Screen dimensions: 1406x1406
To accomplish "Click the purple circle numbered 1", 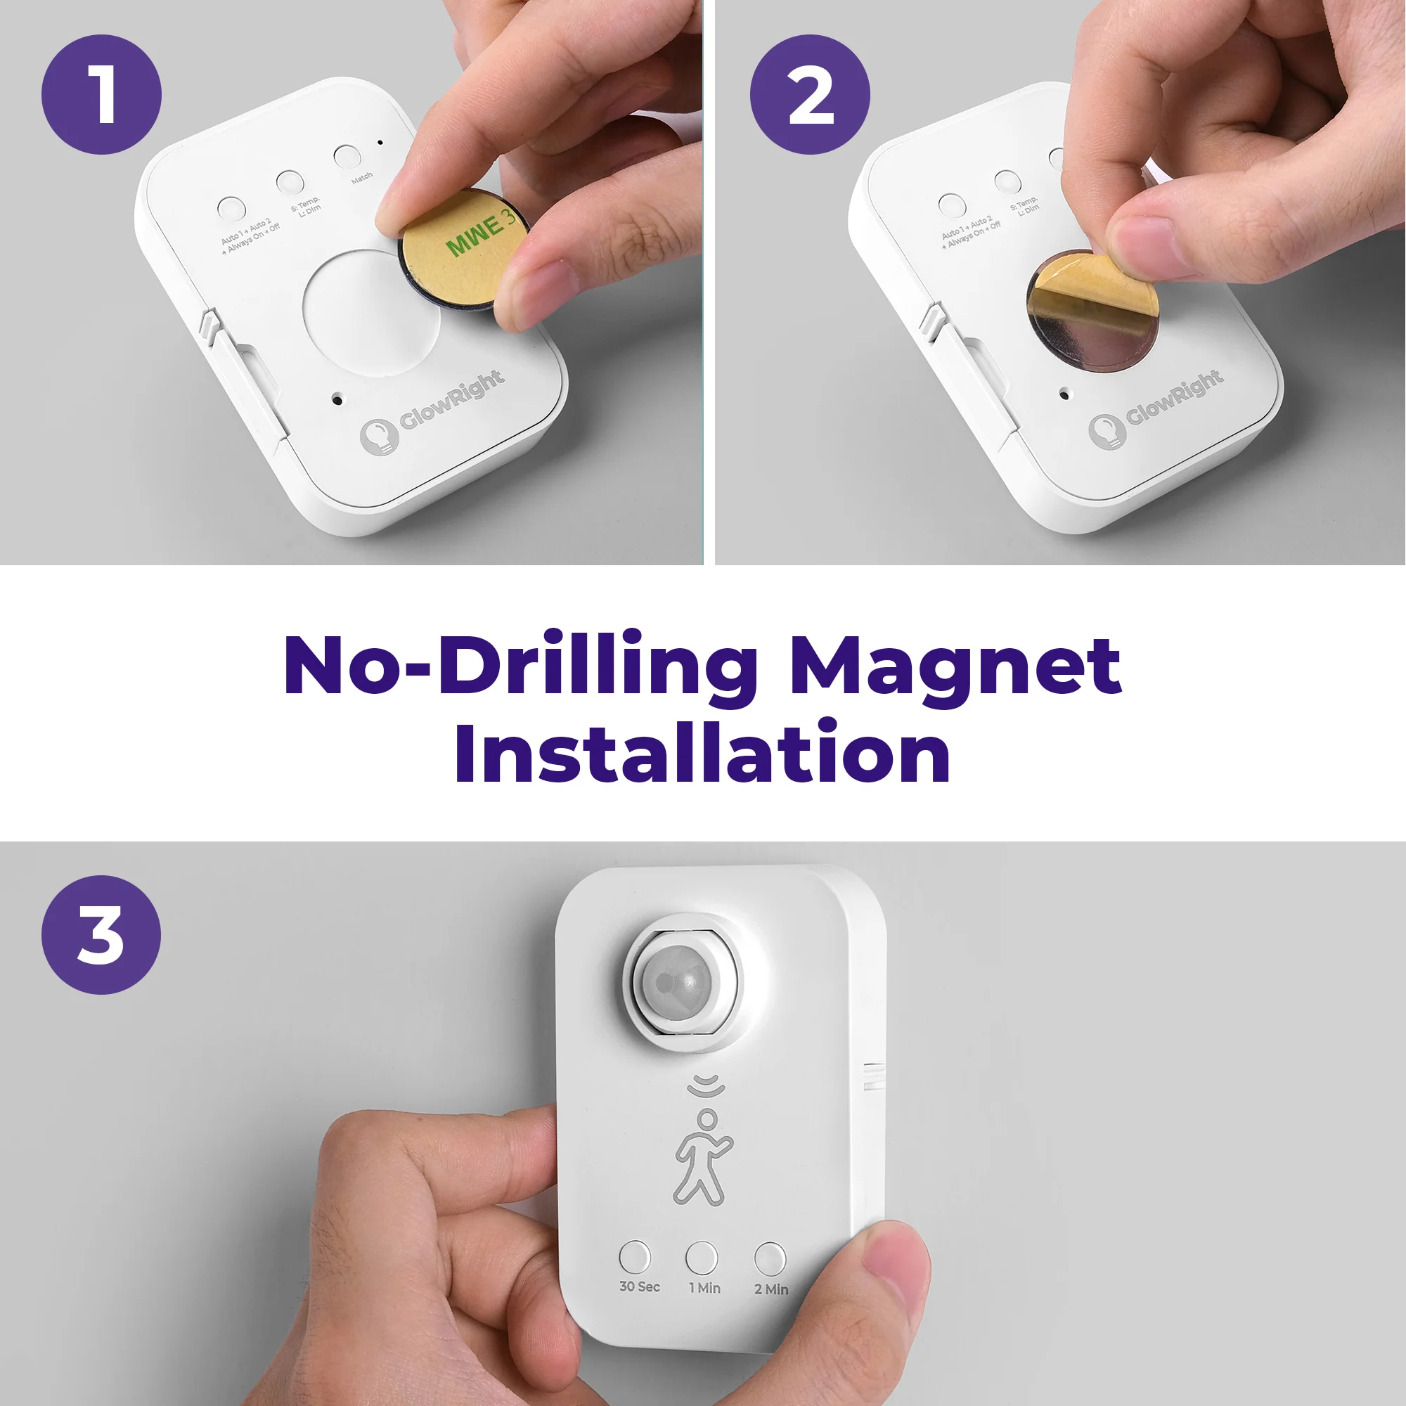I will pos(101,95).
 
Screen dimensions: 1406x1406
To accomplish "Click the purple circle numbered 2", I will pos(810,95).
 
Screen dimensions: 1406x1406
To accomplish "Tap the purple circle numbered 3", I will pos(101,935).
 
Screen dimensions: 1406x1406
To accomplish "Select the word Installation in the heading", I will pos(702,754).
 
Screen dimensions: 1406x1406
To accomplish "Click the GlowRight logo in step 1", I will pos(432,411).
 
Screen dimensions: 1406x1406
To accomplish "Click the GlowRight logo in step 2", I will pos(1157,411).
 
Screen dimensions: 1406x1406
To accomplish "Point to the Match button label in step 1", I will pos(361,178).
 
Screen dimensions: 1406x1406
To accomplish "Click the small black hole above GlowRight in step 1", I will pos(337,399).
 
